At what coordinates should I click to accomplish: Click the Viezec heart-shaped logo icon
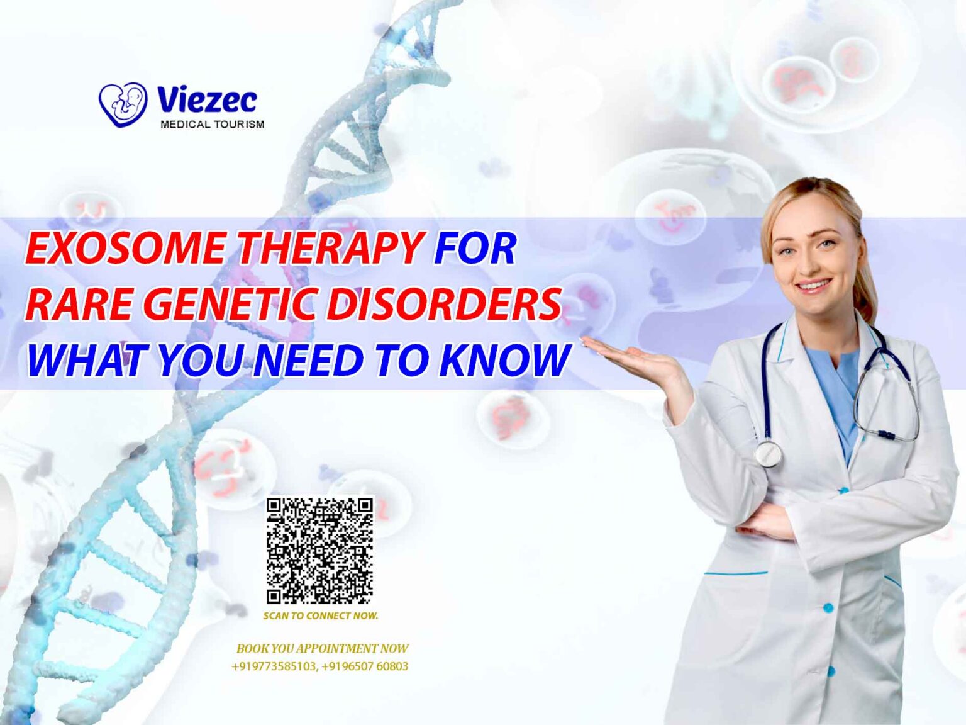pyautogui.click(x=123, y=104)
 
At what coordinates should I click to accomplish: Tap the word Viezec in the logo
pyautogui.click(x=207, y=99)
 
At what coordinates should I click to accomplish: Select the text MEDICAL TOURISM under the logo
pyautogui.click(x=212, y=125)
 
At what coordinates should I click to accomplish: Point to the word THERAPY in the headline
pyautogui.click(x=330, y=247)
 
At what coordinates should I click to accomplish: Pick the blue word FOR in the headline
pyautogui.click(x=475, y=247)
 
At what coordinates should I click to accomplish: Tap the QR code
pyautogui.click(x=319, y=551)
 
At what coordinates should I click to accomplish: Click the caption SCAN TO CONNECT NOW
pyautogui.click(x=321, y=615)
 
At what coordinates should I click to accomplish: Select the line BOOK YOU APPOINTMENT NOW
pyautogui.click(x=322, y=648)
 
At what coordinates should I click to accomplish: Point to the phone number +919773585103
pyautogui.click(x=274, y=666)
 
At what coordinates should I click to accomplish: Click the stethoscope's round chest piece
pyautogui.click(x=768, y=453)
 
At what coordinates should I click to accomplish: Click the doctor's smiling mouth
pyautogui.click(x=814, y=286)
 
